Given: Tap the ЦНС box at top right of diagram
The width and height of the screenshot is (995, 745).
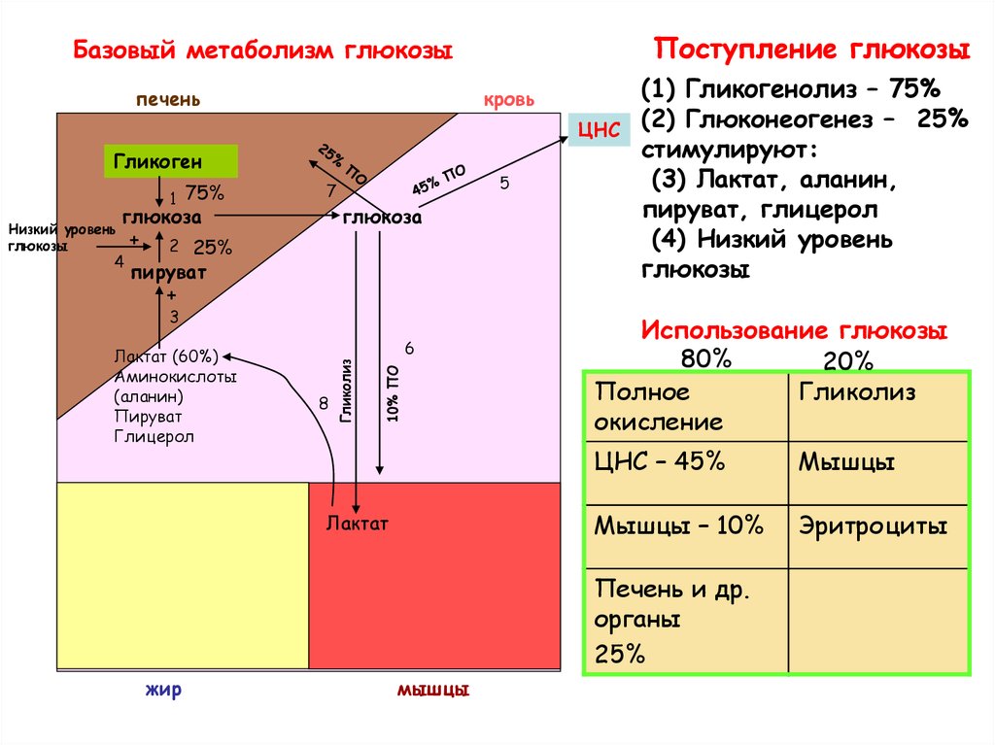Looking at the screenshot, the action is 599,131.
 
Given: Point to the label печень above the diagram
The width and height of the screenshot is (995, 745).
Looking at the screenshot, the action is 168,100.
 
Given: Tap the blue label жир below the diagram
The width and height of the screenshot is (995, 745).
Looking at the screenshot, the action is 163,691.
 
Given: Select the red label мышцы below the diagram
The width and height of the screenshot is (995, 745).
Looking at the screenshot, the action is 433,691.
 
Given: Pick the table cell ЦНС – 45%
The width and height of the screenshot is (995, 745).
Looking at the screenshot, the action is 660,462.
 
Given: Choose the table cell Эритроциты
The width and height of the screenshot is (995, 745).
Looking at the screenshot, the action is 873,526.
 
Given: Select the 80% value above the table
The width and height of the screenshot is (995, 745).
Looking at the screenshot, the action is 705,358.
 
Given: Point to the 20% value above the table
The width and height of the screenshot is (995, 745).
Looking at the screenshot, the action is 848,361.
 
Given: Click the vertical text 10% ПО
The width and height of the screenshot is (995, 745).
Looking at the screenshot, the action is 392,393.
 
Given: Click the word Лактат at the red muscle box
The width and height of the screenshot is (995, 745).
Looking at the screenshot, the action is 357,524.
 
